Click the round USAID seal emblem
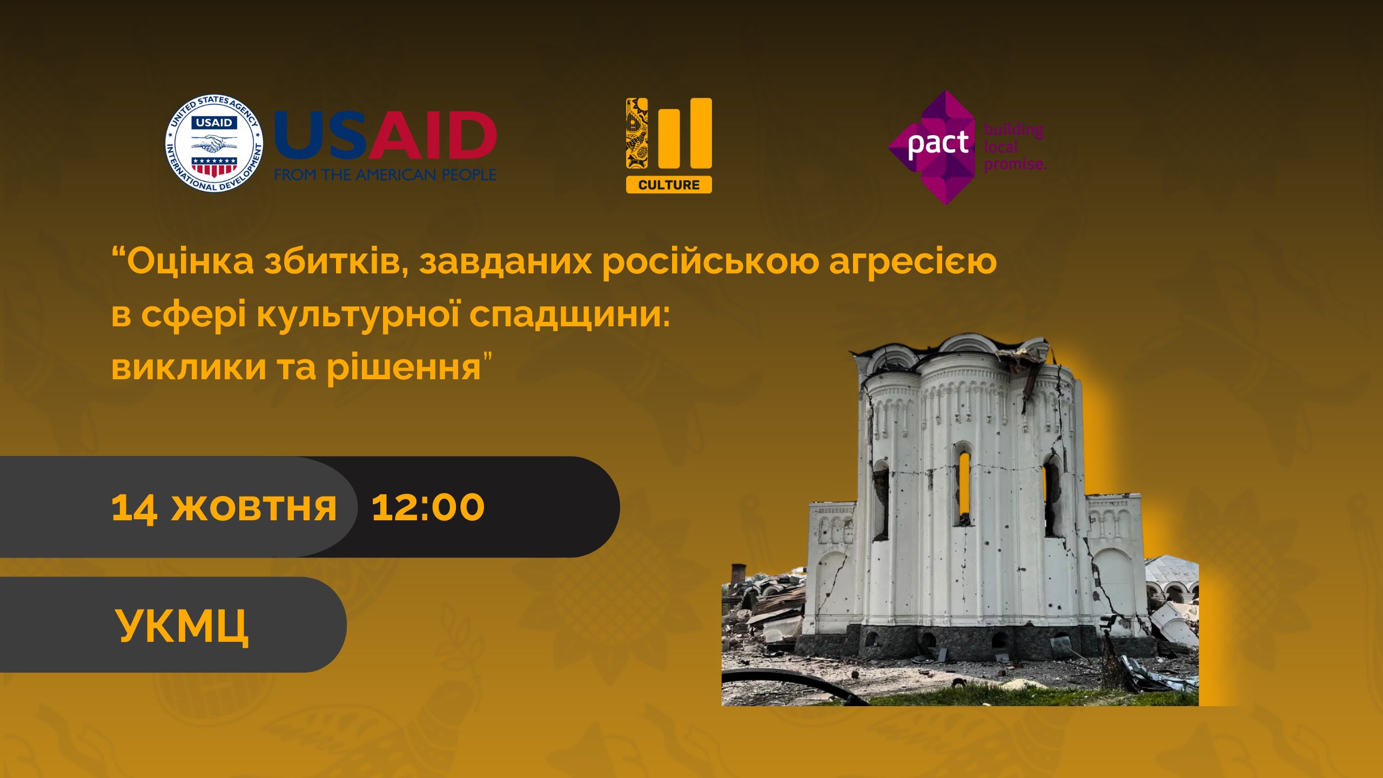click(x=214, y=144)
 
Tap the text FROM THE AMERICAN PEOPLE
click(x=385, y=175)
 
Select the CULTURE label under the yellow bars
click(x=669, y=185)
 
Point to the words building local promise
click(x=1015, y=147)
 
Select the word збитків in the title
click(x=336, y=263)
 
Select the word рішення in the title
click(x=405, y=368)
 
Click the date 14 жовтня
click(x=224, y=507)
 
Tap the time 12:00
click(x=428, y=507)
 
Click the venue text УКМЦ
click(x=182, y=626)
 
